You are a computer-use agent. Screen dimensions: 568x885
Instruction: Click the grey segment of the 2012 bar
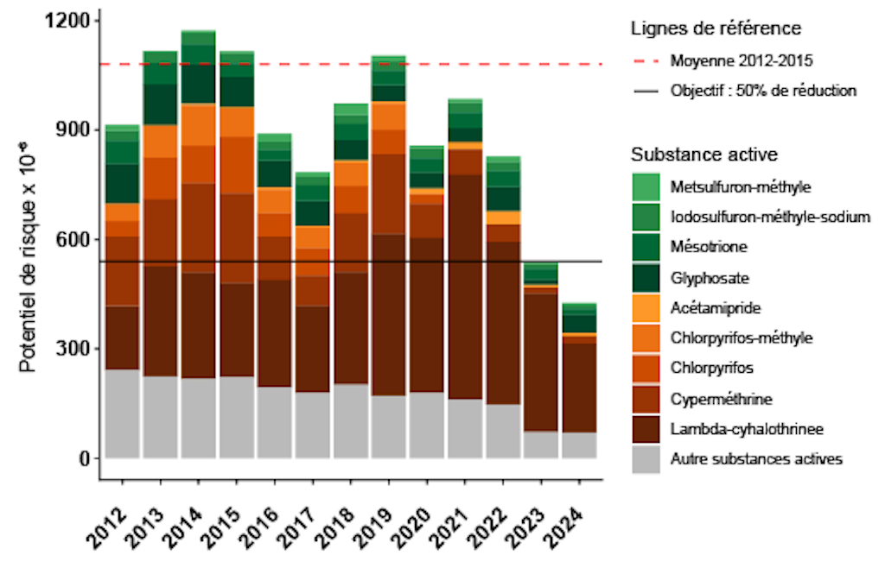(x=122, y=413)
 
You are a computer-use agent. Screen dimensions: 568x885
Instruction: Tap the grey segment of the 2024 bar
(x=580, y=445)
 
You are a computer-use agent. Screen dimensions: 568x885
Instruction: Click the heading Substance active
(x=704, y=155)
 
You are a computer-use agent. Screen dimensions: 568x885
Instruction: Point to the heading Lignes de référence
(x=715, y=28)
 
